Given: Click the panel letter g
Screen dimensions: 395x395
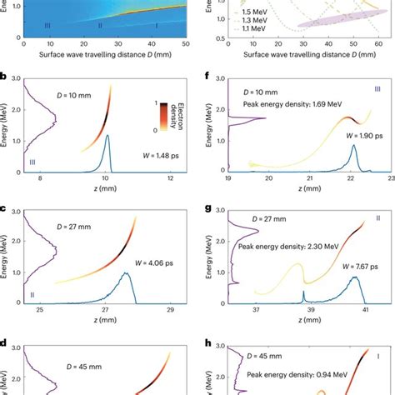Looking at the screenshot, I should click(206, 209).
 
